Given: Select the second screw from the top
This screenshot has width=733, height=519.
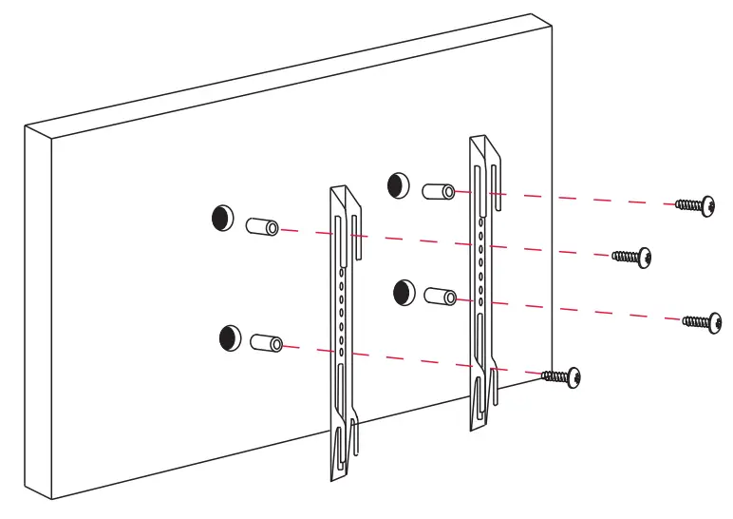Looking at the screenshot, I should point(631,257).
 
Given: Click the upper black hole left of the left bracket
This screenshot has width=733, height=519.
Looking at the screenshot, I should point(221,218).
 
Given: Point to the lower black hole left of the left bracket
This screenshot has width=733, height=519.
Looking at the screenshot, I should point(230,336).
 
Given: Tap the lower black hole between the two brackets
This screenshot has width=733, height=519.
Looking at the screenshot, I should point(404,291).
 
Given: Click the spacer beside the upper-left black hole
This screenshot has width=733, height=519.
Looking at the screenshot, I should point(262,227).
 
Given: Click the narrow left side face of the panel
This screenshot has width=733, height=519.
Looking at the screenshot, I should point(38,314).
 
